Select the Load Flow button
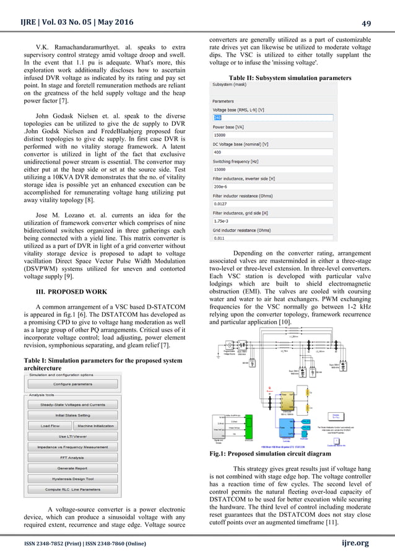(x=50, y=426)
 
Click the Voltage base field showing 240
(x=272, y=117)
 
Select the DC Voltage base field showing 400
(x=272, y=152)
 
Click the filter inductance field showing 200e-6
(x=272, y=186)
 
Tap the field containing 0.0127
(x=272, y=203)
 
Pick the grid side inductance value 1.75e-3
(x=272, y=220)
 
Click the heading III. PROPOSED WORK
(x=73, y=291)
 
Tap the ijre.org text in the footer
(x=354, y=544)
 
